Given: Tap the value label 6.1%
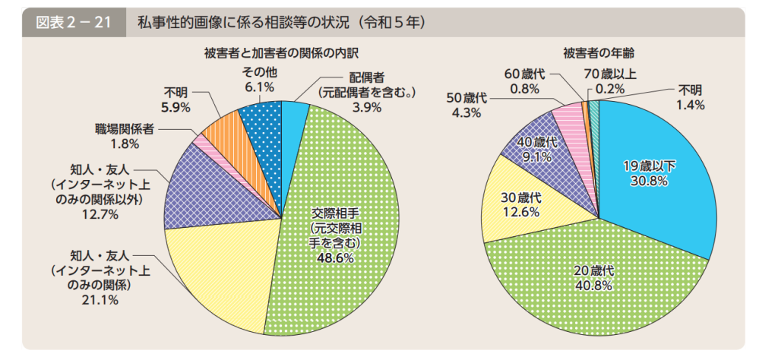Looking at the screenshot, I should coord(258,88).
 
